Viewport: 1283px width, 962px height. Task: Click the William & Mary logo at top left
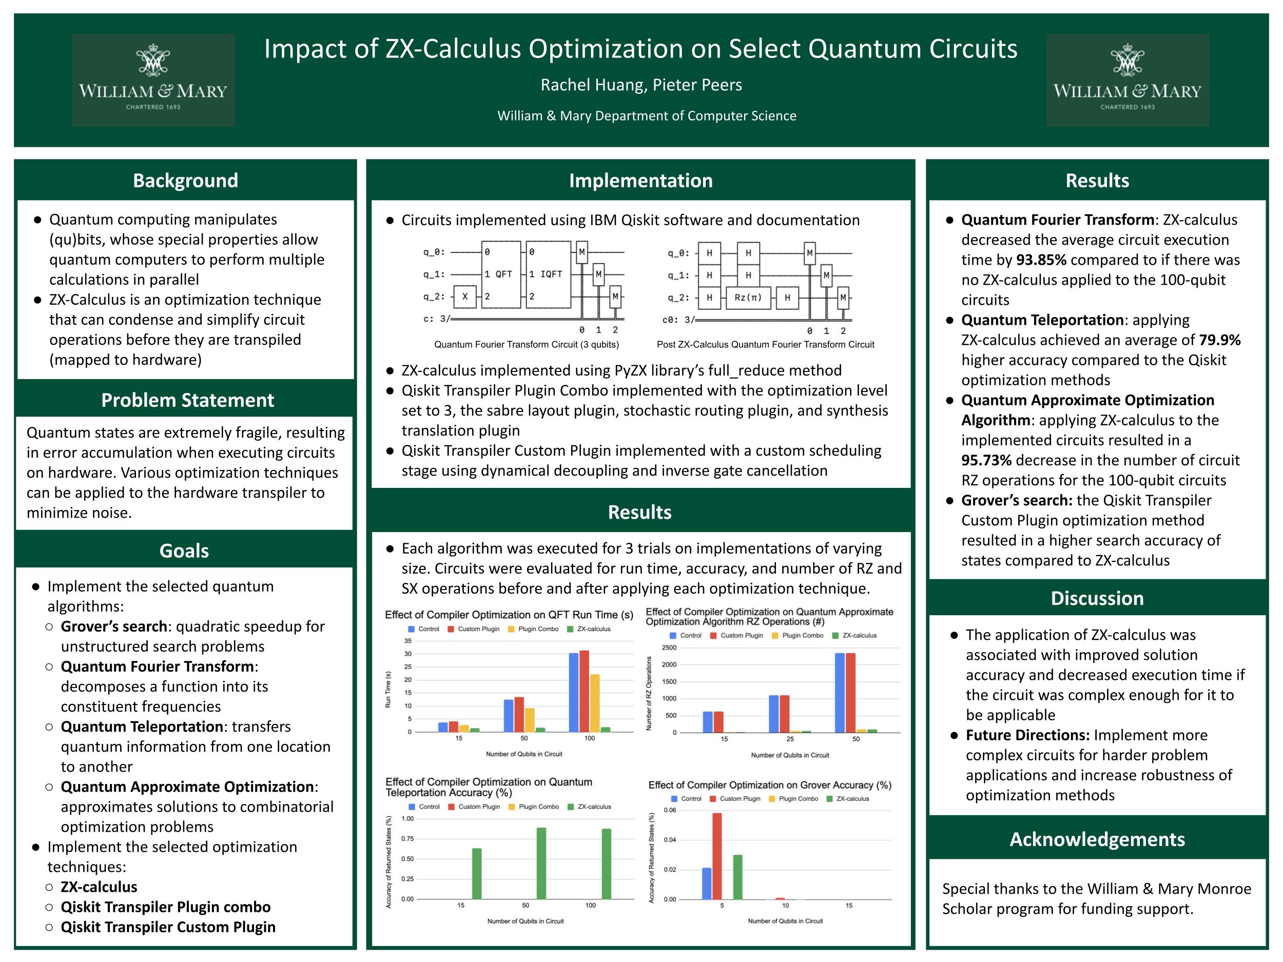tap(153, 80)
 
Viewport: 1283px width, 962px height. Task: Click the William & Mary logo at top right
tap(1128, 80)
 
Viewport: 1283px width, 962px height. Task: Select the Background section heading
tap(186, 180)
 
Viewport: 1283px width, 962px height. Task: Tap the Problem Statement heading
tap(187, 400)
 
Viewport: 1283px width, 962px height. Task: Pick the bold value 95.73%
tap(986, 460)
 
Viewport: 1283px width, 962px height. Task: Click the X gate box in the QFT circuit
tap(464, 297)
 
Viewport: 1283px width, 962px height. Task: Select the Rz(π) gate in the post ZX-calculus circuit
tap(748, 298)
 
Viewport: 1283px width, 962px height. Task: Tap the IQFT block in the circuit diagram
tap(548, 274)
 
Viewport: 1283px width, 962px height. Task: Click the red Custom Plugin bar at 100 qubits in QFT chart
tap(584, 691)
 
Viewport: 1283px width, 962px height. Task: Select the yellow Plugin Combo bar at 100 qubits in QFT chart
tap(594, 703)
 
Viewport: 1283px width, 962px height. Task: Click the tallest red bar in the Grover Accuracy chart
tap(717, 856)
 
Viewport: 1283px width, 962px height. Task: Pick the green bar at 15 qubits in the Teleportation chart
tap(477, 874)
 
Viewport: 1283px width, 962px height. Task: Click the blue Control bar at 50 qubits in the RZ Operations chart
tap(839, 693)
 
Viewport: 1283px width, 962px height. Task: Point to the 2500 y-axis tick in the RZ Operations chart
tap(669, 647)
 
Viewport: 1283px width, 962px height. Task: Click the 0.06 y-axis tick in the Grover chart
tap(670, 810)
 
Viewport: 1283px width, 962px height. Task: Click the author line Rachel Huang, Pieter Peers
tap(641, 85)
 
